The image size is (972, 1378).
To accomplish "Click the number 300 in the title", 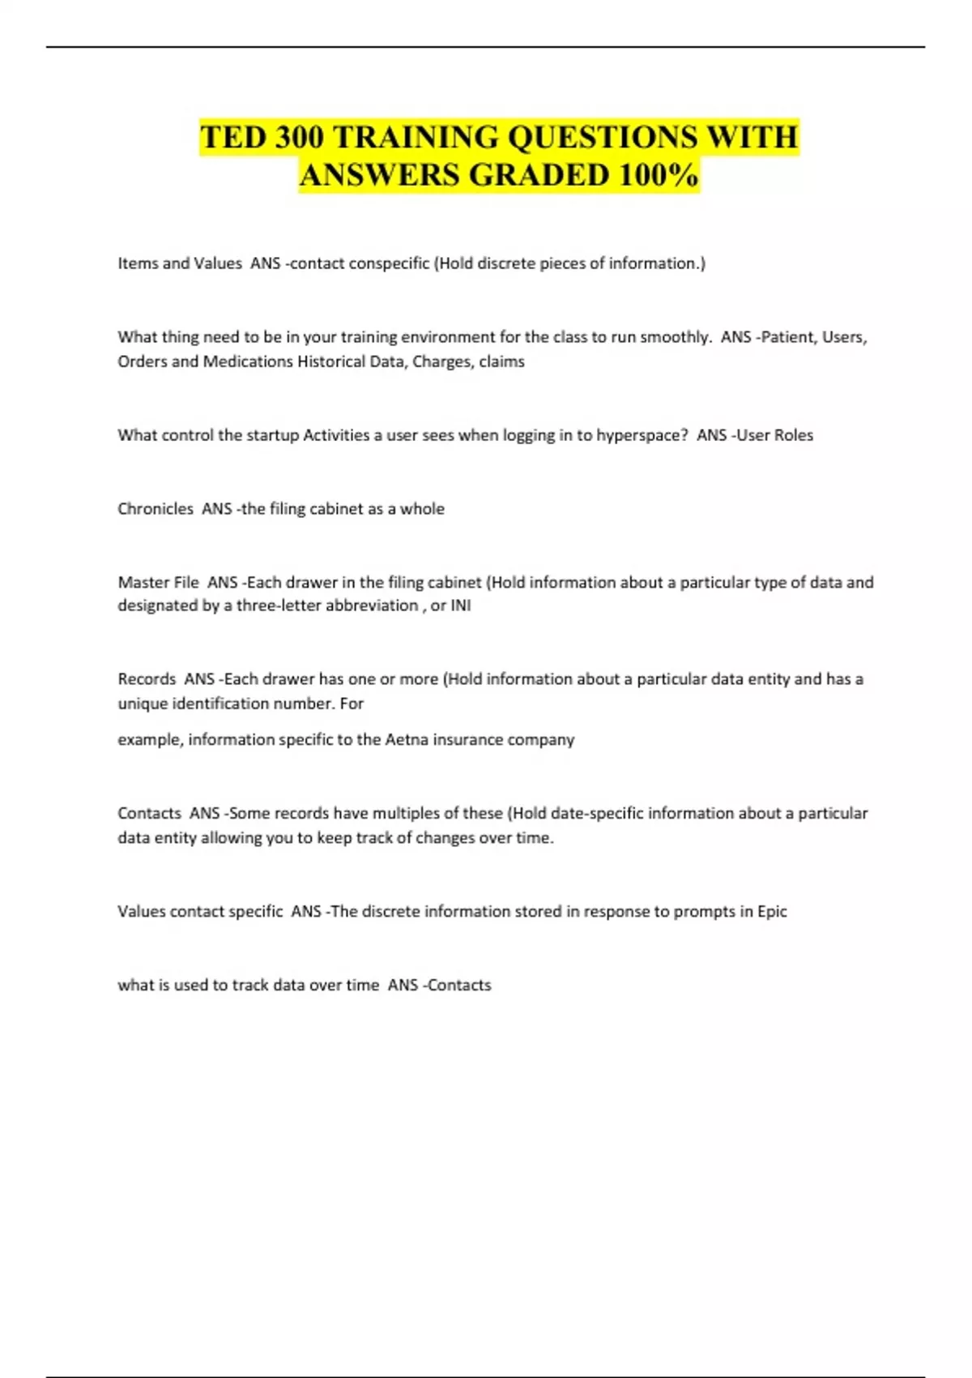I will click(x=299, y=137).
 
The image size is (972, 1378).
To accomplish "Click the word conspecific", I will click(x=389, y=263).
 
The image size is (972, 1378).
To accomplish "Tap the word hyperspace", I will click(x=642, y=435).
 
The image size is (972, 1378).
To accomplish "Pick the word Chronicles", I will click(x=156, y=509).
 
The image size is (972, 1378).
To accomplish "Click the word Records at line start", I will click(x=147, y=679).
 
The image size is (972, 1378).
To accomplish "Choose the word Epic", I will click(x=772, y=912).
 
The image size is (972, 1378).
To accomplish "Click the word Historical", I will click(x=330, y=362).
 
